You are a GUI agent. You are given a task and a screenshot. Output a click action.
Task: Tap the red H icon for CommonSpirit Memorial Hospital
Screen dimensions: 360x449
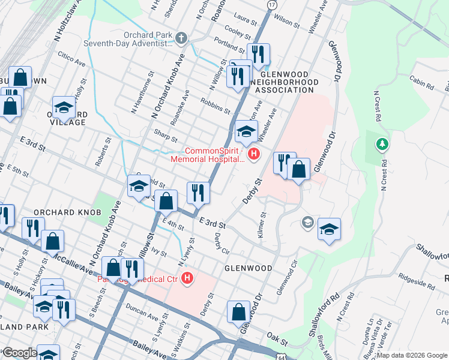(254, 155)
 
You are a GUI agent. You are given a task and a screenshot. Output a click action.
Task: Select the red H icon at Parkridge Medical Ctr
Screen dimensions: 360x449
(188, 279)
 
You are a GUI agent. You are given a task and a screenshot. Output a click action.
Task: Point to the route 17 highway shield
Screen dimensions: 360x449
(272, 5)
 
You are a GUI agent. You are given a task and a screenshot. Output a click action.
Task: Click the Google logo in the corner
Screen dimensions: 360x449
(19, 353)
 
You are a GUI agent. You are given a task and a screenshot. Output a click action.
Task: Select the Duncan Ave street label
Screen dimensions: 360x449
(142, 311)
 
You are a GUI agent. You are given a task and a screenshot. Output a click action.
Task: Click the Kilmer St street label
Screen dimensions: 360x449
(262, 224)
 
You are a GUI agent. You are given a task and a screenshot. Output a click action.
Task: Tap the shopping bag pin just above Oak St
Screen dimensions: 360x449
(239, 313)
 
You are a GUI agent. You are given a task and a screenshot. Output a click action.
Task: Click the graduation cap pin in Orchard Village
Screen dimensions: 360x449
(64, 108)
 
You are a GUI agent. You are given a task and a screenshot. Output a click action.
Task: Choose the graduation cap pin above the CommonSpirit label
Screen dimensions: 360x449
(246, 131)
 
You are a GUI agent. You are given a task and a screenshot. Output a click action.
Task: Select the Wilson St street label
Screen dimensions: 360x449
(287, 22)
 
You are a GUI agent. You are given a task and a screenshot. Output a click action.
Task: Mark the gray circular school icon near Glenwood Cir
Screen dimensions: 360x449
(308, 223)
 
